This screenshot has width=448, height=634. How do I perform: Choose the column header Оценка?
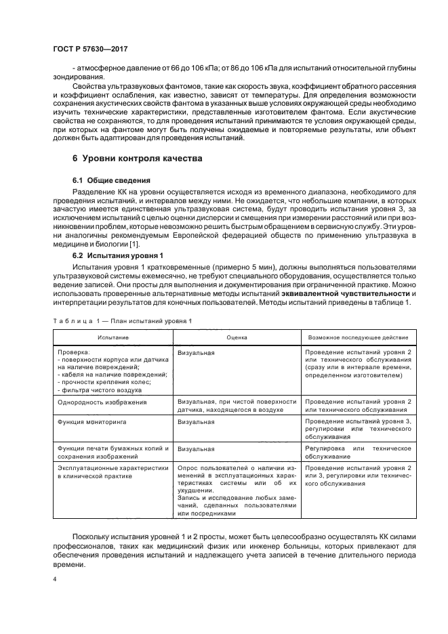click(x=237, y=337)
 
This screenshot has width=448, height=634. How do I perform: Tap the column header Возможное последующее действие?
click(x=359, y=337)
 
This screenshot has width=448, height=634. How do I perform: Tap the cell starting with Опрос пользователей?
click(x=237, y=490)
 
